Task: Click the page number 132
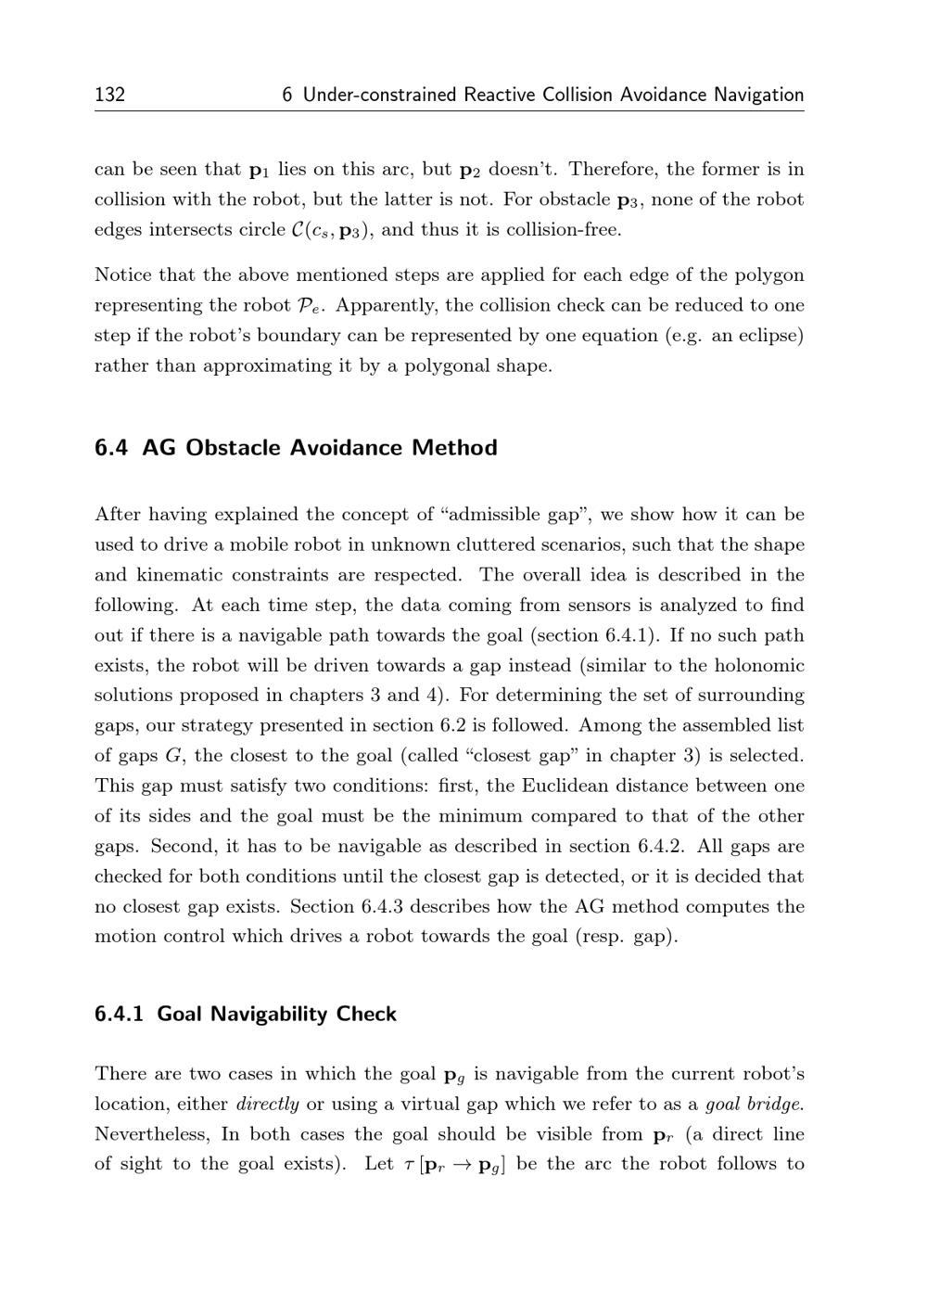(109, 95)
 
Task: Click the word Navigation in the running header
(758, 95)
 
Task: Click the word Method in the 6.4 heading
(454, 448)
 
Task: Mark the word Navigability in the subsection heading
(269, 1014)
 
